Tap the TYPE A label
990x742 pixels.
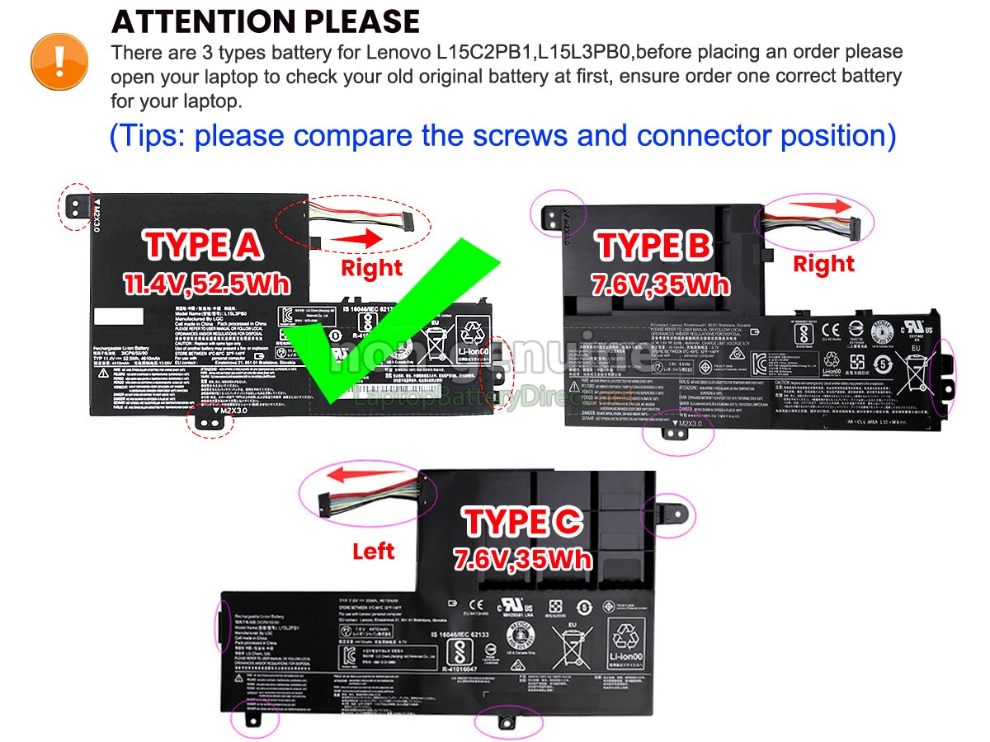(203, 245)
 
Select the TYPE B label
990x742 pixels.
(654, 246)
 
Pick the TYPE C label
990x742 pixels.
(523, 522)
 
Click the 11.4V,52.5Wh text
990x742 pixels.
(207, 283)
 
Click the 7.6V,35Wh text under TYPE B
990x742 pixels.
(660, 285)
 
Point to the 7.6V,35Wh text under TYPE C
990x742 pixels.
(523, 560)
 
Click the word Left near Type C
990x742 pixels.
(373, 551)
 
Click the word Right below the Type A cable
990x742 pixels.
(371, 268)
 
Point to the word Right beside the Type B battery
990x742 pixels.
(823, 264)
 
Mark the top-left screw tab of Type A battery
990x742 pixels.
(74, 204)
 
